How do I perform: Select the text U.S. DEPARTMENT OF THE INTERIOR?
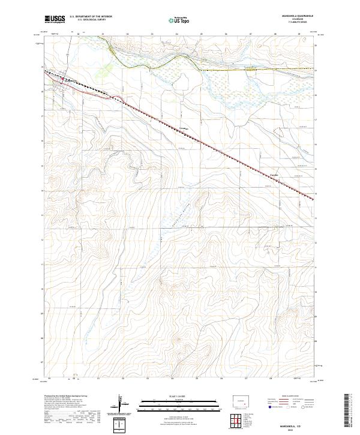tap(91, 17)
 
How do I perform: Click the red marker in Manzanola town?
tap(64, 78)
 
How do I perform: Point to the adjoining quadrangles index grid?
tap(238, 422)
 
